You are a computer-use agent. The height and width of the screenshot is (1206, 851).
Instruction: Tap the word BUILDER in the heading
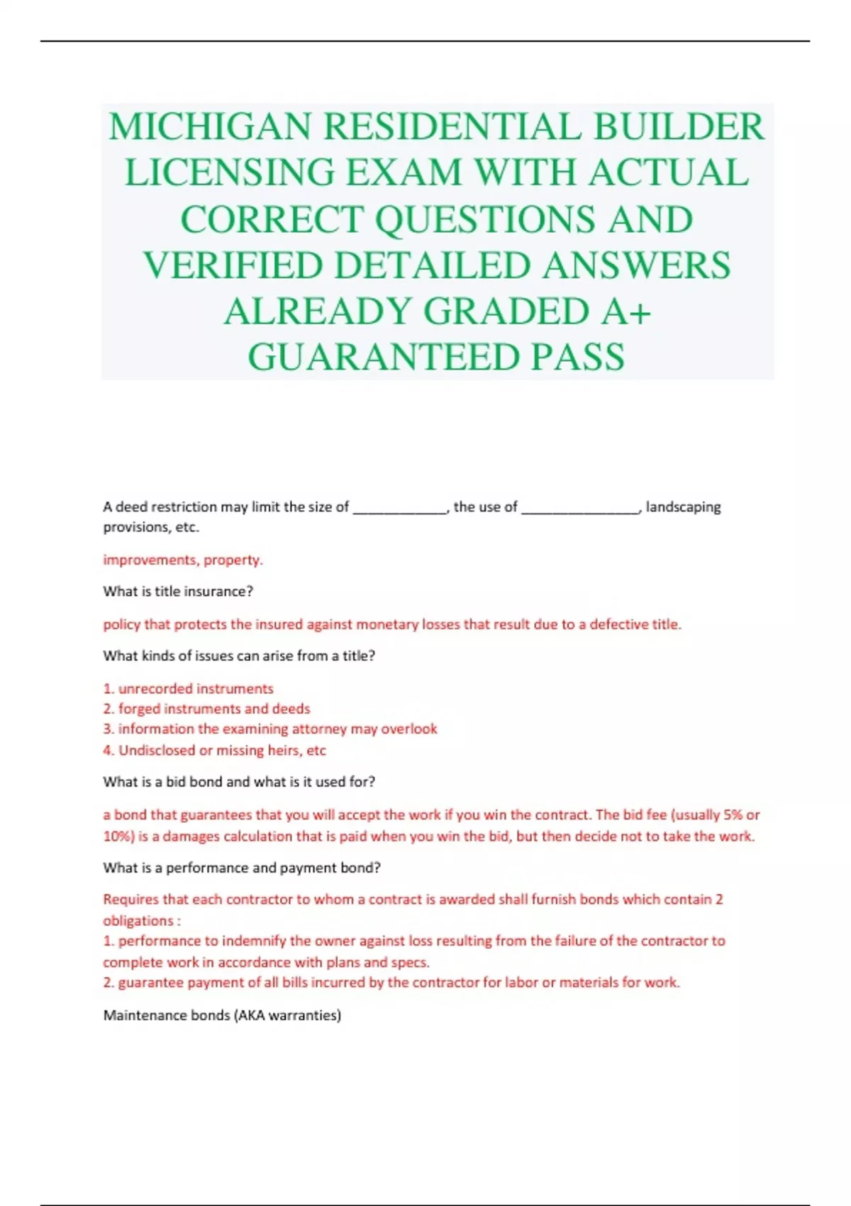(679, 127)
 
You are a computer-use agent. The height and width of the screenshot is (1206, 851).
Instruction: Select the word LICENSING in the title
(229, 173)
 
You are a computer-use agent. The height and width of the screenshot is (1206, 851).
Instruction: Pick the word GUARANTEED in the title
(384, 357)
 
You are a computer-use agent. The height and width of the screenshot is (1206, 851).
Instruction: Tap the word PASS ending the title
(579, 357)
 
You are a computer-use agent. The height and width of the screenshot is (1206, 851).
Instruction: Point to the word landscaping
(683, 507)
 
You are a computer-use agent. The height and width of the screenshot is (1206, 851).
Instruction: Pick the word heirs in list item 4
(284, 751)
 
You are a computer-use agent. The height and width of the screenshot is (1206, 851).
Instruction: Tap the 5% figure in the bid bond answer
(732, 815)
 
